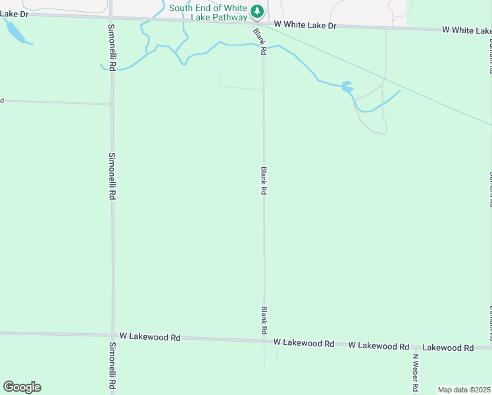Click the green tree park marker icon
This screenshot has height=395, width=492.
click(257, 11)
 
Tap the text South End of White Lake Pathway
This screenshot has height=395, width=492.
click(208, 13)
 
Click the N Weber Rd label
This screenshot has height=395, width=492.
click(416, 373)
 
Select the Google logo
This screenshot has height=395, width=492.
click(22, 387)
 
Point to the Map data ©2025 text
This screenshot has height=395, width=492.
click(464, 390)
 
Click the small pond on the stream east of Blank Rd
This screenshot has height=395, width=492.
click(347, 87)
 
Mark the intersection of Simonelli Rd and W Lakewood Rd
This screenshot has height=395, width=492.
click(112, 336)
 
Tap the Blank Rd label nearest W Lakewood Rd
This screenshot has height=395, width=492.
click(264, 319)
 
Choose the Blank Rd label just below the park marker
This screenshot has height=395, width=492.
click(260, 41)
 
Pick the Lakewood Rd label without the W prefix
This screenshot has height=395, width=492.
click(448, 347)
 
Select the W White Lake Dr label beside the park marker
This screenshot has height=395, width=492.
click(305, 24)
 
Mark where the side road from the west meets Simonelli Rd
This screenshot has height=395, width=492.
click(111, 104)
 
